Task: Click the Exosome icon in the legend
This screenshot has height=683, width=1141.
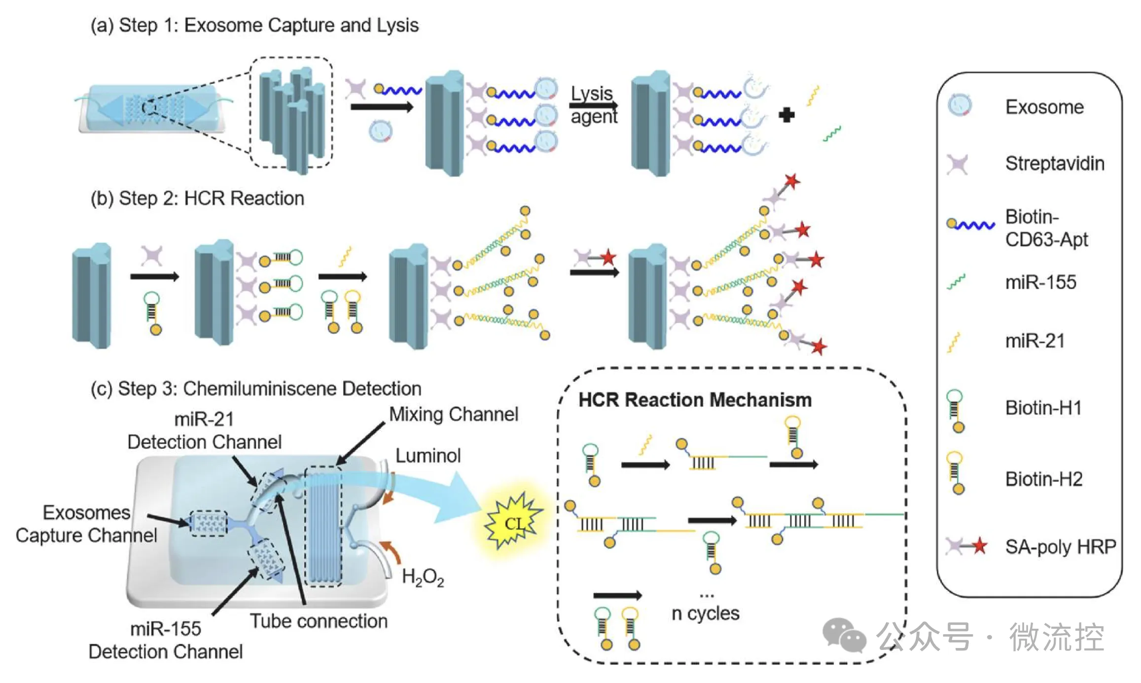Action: tap(959, 105)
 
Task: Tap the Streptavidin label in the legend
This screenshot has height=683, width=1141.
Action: tap(1054, 163)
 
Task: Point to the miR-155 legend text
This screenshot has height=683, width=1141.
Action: tap(1040, 282)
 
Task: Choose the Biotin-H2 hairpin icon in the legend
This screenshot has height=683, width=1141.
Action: tap(956, 473)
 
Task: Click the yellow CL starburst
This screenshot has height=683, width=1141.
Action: tap(514, 522)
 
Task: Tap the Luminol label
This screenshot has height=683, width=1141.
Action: tap(428, 455)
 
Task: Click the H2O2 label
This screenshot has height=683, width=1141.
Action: tap(423, 577)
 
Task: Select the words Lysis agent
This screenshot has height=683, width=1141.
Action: tap(593, 105)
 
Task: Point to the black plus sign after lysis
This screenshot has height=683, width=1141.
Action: tap(786, 115)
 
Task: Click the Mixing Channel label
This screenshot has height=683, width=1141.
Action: tap(454, 414)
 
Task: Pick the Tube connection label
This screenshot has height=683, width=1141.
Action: tap(319, 621)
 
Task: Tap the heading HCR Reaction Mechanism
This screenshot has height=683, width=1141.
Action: tap(695, 400)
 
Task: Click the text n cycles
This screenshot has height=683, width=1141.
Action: tap(706, 613)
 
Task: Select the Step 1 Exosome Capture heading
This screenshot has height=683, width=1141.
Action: tap(254, 25)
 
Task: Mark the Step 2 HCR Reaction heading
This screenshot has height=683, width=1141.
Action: tap(197, 198)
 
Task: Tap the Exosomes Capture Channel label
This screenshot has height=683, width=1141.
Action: tap(86, 524)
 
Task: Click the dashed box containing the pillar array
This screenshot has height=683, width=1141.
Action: tap(291, 113)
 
